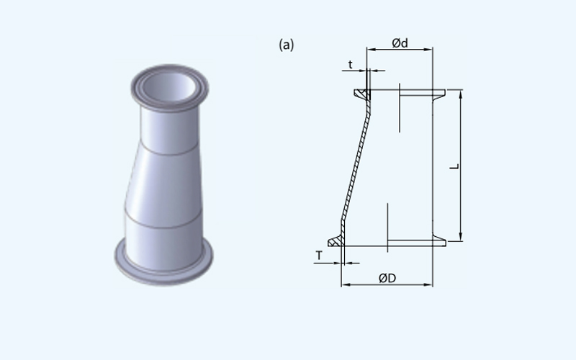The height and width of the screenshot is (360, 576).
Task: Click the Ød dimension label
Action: pos(400,43)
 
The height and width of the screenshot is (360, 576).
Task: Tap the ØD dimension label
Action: pos(387,279)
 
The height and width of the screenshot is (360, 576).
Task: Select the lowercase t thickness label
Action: pos(351,65)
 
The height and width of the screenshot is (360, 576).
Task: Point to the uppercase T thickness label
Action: pos(319,256)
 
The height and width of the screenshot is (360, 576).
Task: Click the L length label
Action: pos(455,166)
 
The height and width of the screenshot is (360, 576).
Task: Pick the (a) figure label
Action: pos(287,45)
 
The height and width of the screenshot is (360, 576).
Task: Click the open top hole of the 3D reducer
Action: pos(169,86)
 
